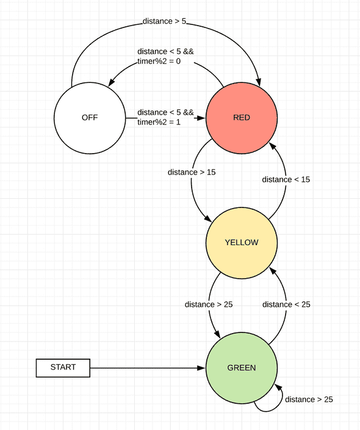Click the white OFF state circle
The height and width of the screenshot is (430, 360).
tap(89, 118)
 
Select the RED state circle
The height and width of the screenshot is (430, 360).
tap(242, 118)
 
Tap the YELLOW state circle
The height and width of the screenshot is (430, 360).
tap(242, 242)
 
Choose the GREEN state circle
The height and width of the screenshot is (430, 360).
tap(242, 368)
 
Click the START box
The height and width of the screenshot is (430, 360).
tap(63, 367)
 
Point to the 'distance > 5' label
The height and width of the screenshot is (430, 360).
tap(165, 21)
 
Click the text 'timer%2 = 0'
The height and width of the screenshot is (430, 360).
tap(160, 61)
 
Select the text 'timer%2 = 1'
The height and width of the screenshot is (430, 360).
tap(160, 122)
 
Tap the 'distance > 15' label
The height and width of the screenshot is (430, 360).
tap(192, 172)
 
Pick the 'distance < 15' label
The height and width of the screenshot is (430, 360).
tap(286, 179)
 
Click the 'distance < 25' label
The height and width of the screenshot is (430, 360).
tap(286, 304)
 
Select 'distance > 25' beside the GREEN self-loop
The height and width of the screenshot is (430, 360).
tap(309, 400)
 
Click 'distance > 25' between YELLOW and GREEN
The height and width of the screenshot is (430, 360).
tap(209, 304)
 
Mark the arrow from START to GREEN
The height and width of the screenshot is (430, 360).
tap(146, 368)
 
